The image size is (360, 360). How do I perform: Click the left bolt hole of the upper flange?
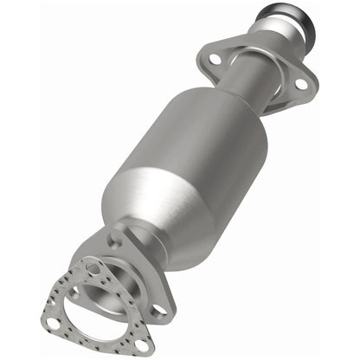tap(214, 59)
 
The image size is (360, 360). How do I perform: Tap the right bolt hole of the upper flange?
tap(300, 85)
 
